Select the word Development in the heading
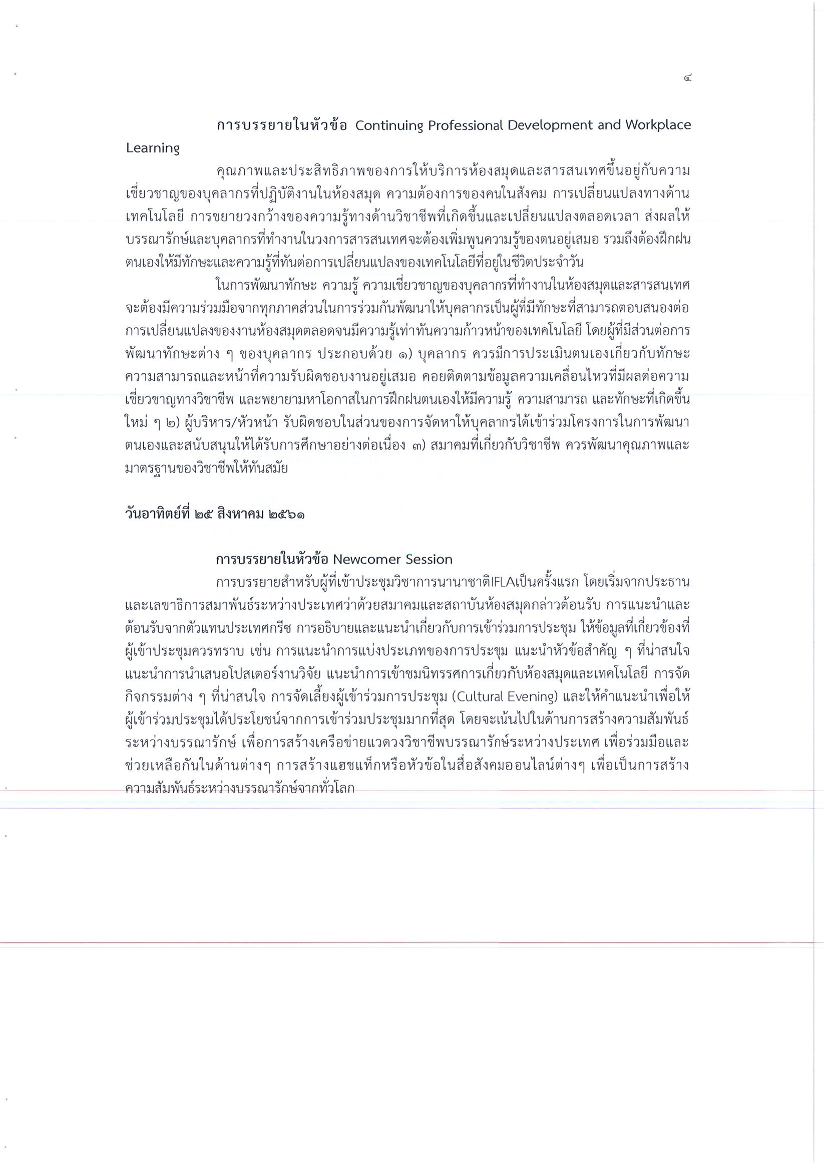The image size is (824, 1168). click(x=550, y=125)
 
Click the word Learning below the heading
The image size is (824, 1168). click(x=153, y=148)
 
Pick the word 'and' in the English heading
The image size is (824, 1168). click(x=607, y=125)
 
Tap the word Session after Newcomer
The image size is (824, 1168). click(x=429, y=560)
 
